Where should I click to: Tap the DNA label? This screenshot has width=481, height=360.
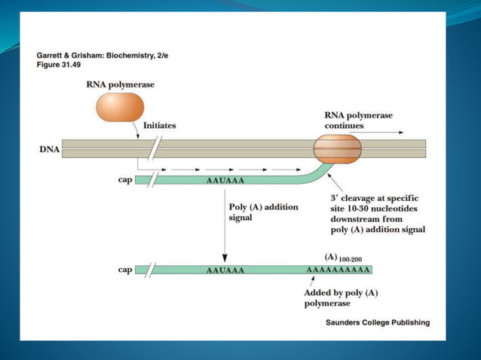click(50, 149)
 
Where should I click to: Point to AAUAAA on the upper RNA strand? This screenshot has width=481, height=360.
click(225, 182)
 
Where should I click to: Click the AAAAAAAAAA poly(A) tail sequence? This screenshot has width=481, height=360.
click(338, 270)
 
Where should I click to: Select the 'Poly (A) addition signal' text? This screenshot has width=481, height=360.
click(263, 212)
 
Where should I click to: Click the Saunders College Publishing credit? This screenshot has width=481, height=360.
click(377, 322)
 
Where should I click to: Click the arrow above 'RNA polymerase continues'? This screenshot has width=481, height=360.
click(384, 132)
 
